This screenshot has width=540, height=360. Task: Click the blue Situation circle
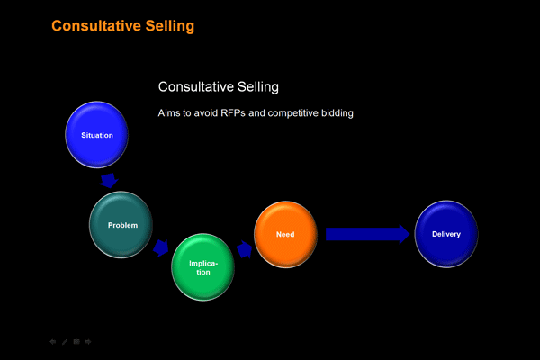[97, 135]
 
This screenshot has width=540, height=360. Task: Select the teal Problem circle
[121, 225]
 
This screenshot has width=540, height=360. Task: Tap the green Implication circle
[203, 267]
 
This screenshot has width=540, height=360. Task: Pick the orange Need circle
[285, 234]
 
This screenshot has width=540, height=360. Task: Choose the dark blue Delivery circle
[446, 234]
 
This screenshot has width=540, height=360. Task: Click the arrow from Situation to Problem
[109, 181]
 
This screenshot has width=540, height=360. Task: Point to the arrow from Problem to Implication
[161, 248]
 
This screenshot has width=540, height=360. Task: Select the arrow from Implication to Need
[244, 249]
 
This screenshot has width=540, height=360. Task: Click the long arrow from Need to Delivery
[368, 234]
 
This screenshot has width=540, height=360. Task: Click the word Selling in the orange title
[170, 26]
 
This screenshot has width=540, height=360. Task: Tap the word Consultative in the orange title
[96, 26]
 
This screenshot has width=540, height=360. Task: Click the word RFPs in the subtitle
[233, 113]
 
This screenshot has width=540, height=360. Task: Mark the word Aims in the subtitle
[166, 113]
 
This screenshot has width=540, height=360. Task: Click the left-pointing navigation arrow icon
[53, 342]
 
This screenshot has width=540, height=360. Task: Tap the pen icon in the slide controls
[65, 342]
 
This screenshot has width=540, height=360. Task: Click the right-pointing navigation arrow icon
[88, 342]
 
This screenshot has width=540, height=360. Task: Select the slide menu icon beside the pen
[76, 342]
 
